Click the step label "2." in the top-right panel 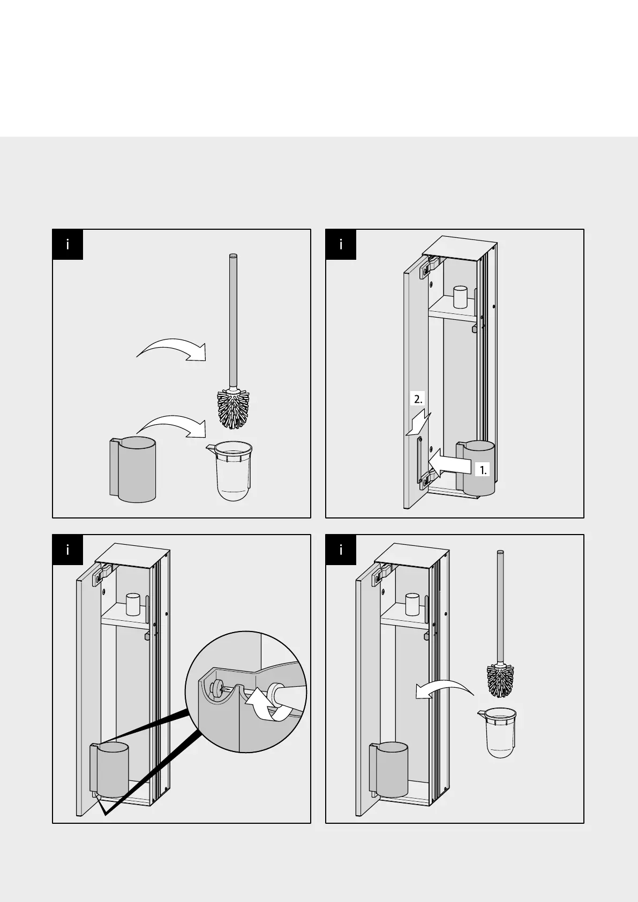coord(418,399)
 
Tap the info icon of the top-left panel coord(67,245)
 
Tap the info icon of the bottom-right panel coord(341,550)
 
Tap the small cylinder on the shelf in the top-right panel coord(461,297)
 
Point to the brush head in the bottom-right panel coord(500,680)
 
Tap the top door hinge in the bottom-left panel coord(101,575)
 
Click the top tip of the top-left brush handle coord(233,255)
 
